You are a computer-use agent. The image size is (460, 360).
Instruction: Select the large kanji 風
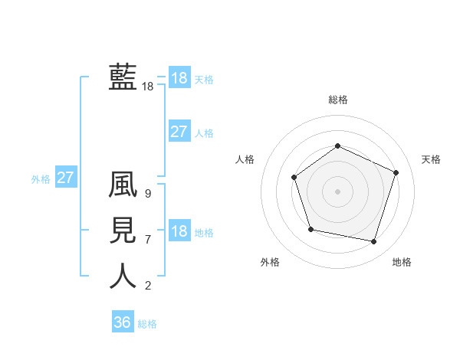tap(123, 185)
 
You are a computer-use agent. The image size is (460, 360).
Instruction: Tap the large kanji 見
tap(123, 231)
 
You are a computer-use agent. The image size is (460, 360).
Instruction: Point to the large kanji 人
tap(123, 276)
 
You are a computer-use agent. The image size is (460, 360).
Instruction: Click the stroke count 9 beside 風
tap(147, 194)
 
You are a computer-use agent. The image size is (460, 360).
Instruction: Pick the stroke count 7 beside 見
tap(147, 240)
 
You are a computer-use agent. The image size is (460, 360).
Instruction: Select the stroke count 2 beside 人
tap(147, 286)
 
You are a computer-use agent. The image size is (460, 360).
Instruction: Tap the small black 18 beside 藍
tap(147, 87)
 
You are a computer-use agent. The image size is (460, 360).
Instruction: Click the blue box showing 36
tap(122, 322)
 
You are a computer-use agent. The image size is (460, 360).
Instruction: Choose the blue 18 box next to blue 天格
tap(179, 78)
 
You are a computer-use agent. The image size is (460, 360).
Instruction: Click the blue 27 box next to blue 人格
tap(179, 132)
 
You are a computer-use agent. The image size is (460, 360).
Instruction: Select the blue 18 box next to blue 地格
tap(179, 231)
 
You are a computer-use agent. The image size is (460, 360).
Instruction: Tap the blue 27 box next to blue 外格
tap(65, 178)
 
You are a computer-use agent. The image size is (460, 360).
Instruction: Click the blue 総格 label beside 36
tap(147, 324)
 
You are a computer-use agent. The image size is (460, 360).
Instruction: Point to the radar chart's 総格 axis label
tap(337, 100)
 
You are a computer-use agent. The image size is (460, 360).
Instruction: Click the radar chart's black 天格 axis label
tap(431, 159)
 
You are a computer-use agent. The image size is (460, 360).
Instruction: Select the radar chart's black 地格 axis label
tap(402, 262)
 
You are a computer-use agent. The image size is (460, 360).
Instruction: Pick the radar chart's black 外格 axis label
tap(270, 262)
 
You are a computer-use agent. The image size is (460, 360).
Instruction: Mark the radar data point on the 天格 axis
tap(396, 172)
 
